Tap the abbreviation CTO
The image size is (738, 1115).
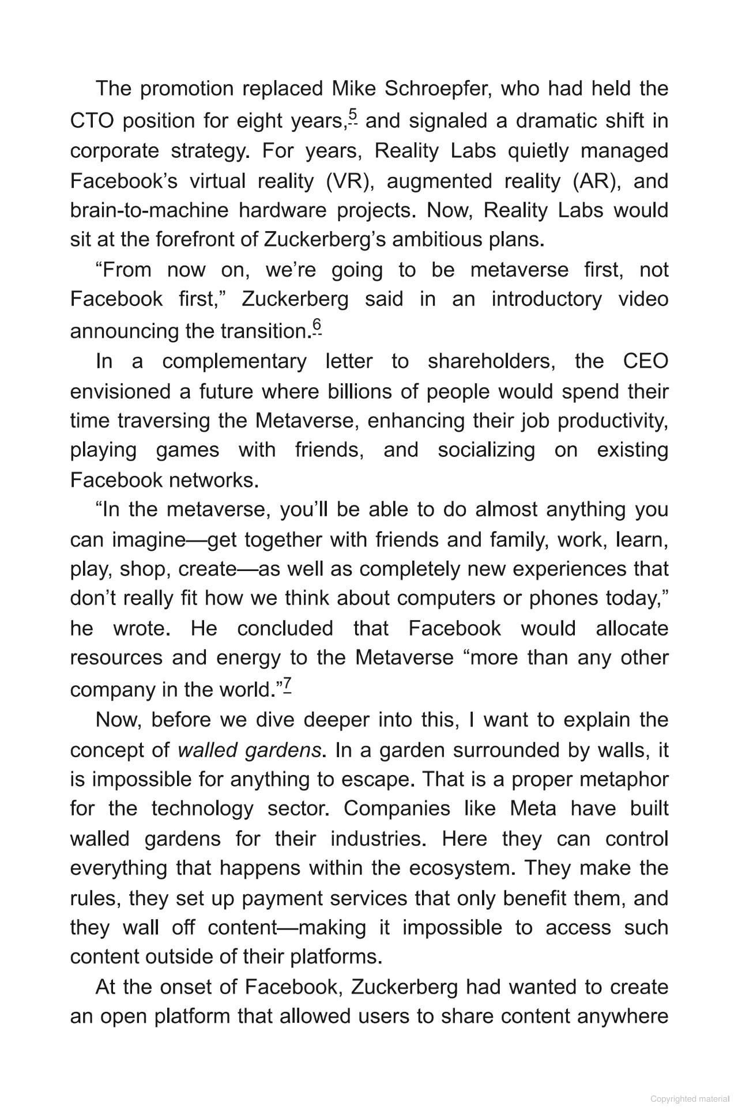pyautogui.click(x=92, y=121)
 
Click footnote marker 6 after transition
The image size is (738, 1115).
pyautogui.click(x=317, y=327)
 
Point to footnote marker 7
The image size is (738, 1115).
pyautogui.click(x=287, y=685)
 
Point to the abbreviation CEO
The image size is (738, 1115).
pyautogui.click(x=646, y=361)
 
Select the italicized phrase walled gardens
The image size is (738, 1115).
pyautogui.click(x=249, y=750)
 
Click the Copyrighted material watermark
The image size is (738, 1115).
pyautogui.click(x=690, y=1099)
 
